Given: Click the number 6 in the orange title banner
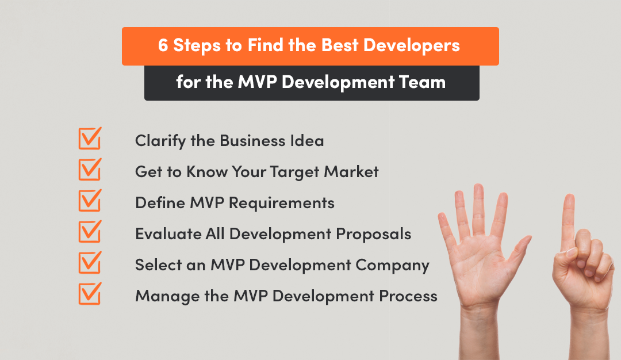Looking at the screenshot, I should tap(163, 46).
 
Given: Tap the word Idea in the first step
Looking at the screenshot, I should tap(306, 140).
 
